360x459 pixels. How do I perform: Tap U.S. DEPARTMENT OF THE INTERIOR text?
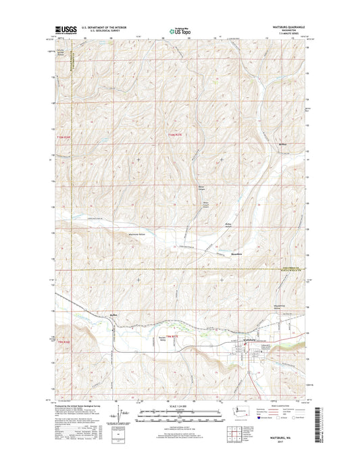tap(107, 28)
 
